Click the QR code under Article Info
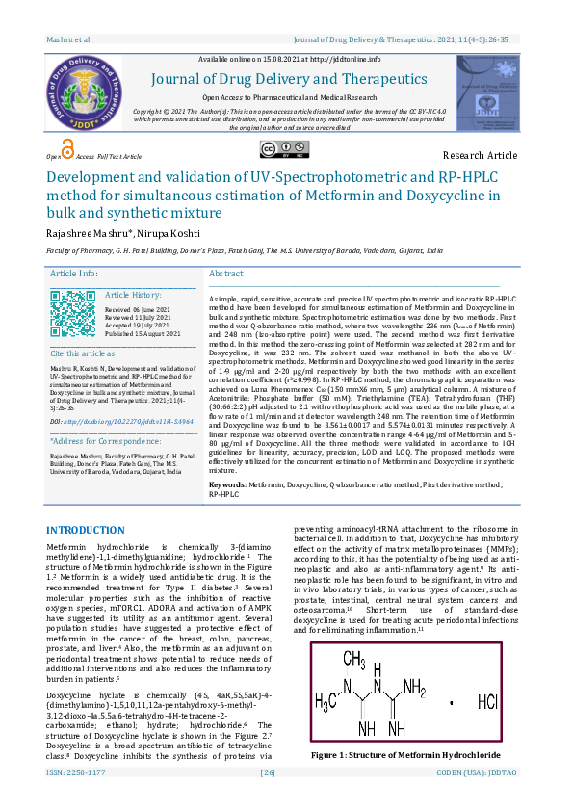(71, 312)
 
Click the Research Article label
(480, 155)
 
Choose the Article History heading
(133, 294)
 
